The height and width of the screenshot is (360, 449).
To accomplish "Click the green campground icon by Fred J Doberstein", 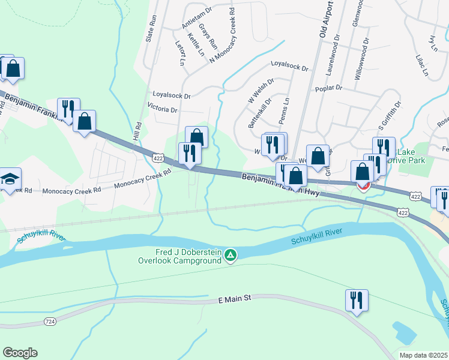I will point(230,256).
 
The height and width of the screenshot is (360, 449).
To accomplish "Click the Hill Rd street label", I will point(138,131).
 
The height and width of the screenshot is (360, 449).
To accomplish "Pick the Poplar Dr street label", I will point(328,88).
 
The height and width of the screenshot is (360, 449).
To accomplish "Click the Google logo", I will point(20,353).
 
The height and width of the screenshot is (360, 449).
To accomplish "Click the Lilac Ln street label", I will point(422,66).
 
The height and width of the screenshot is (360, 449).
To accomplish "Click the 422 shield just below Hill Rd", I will point(158,158).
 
